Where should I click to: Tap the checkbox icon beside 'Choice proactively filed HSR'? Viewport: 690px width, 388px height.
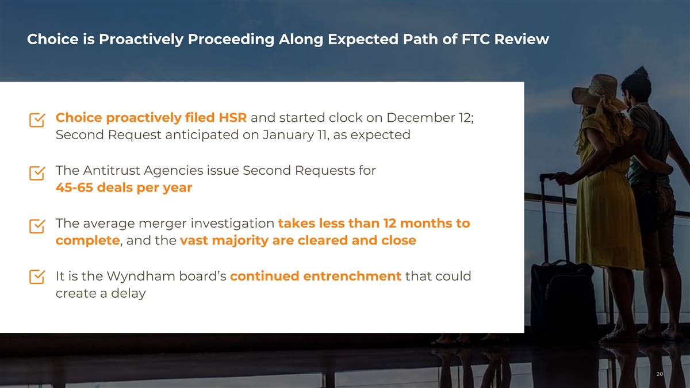[37, 120]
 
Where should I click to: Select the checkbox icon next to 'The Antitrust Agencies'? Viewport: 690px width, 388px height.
[37, 173]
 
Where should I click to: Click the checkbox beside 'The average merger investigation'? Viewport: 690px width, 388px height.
[37, 226]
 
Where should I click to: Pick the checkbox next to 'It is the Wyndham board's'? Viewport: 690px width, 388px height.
[37, 276]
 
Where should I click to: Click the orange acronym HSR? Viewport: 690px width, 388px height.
[232, 118]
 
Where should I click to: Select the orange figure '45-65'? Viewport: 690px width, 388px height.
[74, 187]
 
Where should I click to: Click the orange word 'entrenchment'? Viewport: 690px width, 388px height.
[352, 276]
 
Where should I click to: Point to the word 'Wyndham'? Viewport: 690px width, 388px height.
[141, 276]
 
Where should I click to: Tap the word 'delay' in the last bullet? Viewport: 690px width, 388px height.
[128, 294]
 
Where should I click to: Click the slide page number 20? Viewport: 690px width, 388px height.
[660, 374]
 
